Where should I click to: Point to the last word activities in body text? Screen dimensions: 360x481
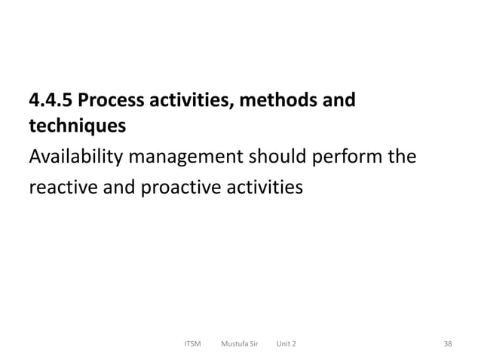click(261, 185)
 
